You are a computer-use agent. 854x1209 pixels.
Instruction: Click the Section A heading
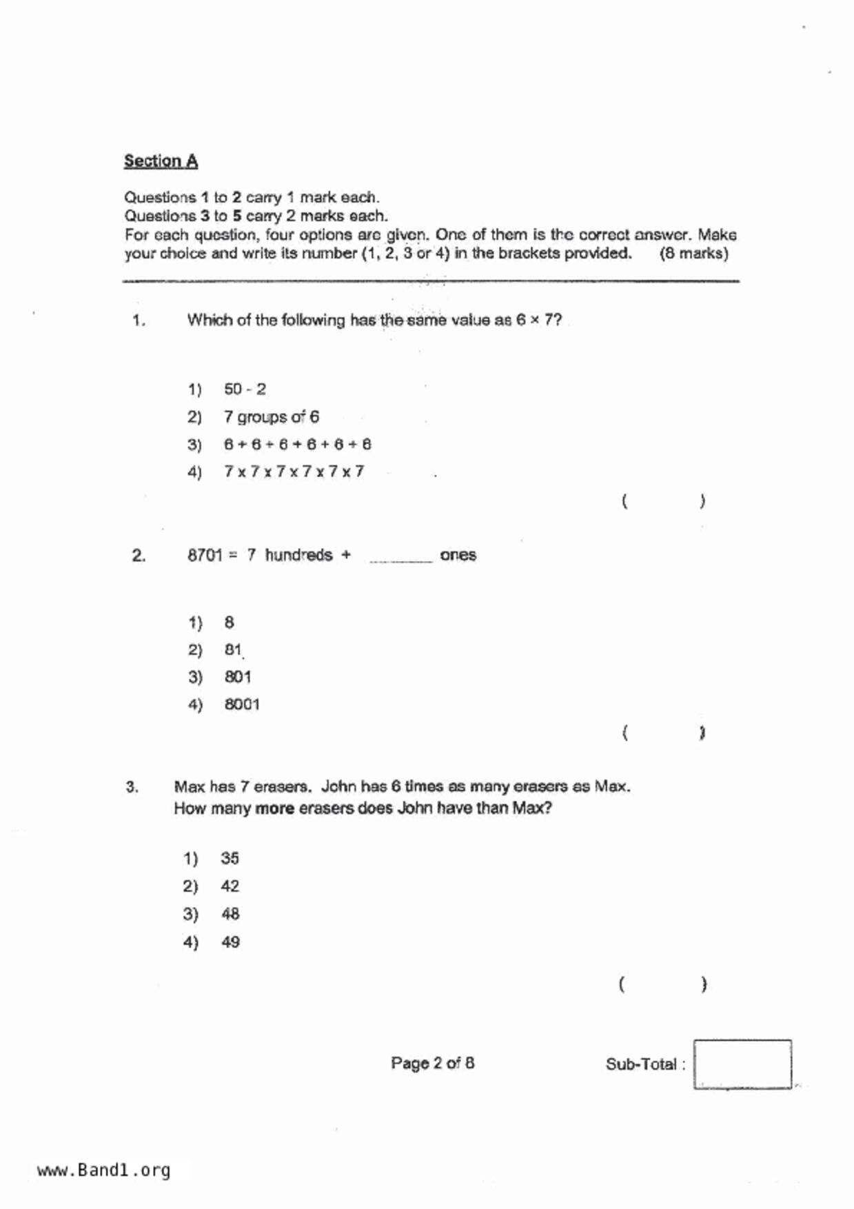(161, 161)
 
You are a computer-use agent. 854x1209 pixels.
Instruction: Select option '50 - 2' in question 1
(245, 389)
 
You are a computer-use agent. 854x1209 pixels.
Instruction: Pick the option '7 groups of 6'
(271, 417)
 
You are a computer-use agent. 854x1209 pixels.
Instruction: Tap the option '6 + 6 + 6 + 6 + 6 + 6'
(297, 445)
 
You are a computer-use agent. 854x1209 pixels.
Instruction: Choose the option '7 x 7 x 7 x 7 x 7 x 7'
(294, 472)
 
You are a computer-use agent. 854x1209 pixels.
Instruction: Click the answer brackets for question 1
(662, 501)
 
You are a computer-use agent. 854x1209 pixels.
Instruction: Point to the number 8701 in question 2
(205, 556)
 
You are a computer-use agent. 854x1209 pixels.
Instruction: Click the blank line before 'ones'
(400, 558)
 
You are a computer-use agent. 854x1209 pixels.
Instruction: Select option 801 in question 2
(238, 678)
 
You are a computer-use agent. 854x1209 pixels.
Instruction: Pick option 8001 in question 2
(242, 704)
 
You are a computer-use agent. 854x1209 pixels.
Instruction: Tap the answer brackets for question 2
(662, 733)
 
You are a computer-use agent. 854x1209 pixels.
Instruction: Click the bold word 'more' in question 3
(274, 809)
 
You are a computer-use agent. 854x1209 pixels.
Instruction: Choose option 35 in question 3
(230, 859)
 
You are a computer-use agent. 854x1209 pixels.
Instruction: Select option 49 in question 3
(230, 942)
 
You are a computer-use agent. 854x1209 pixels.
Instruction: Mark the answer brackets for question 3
(662, 984)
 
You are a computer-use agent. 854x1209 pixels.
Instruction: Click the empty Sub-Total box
(742, 1064)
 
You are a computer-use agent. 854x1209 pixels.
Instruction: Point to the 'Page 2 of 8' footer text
(432, 1064)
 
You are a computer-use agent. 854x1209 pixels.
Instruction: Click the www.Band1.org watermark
(103, 1170)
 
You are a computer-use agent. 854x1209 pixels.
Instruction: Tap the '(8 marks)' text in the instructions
(693, 254)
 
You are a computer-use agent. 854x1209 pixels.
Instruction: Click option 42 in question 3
(230, 886)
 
